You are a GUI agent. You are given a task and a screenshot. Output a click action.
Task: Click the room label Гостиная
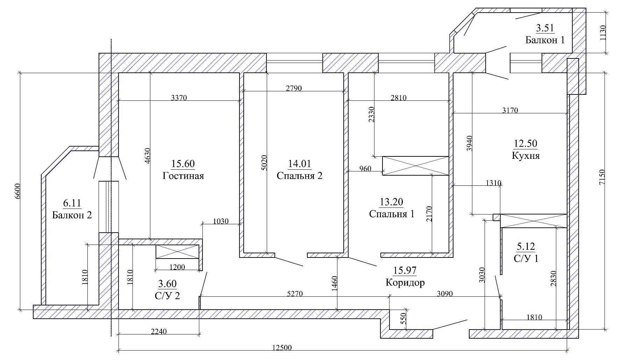pos(183,176)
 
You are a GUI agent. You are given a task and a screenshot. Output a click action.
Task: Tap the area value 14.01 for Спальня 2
pos(299,164)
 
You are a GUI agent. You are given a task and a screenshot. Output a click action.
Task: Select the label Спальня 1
pos(392,214)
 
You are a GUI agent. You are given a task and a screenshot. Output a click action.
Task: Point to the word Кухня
pos(526,155)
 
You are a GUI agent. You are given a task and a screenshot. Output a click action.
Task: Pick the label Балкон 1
pos(545,40)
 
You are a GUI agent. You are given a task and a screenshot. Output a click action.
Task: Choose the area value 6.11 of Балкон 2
pos(72,203)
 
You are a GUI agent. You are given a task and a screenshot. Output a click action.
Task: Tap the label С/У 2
pos(167,296)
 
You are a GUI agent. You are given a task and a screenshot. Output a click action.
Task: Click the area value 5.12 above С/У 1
pos(526,247)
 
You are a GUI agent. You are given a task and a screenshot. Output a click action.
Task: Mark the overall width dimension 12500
pos(282,348)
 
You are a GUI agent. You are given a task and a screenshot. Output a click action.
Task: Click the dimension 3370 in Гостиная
pos(179,98)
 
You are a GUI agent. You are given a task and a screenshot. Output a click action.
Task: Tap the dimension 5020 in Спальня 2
pos(265,163)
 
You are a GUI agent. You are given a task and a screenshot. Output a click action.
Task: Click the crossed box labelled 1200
pos(177,252)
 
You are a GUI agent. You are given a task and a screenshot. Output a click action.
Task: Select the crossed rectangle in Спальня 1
pos(415,166)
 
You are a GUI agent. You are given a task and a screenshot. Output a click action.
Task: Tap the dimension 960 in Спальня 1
pos(365,169)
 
